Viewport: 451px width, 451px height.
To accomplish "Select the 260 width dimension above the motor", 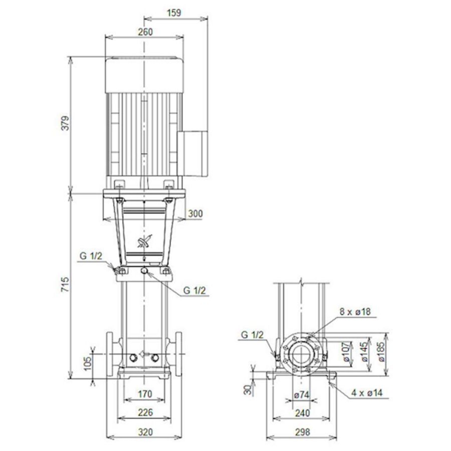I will [x=144, y=32].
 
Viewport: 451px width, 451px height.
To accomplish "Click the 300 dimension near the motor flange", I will [x=195, y=214].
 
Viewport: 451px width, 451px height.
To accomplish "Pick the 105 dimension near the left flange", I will [x=87, y=362].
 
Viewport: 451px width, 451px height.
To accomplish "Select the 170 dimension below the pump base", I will [x=144, y=394].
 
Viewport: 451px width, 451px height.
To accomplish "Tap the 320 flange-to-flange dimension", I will [x=144, y=431].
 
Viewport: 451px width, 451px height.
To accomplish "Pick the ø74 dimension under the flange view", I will [x=301, y=395].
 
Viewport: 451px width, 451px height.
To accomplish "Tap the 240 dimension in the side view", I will [x=301, y=413].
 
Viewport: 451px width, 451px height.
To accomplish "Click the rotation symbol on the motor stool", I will [x=144, y=242].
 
